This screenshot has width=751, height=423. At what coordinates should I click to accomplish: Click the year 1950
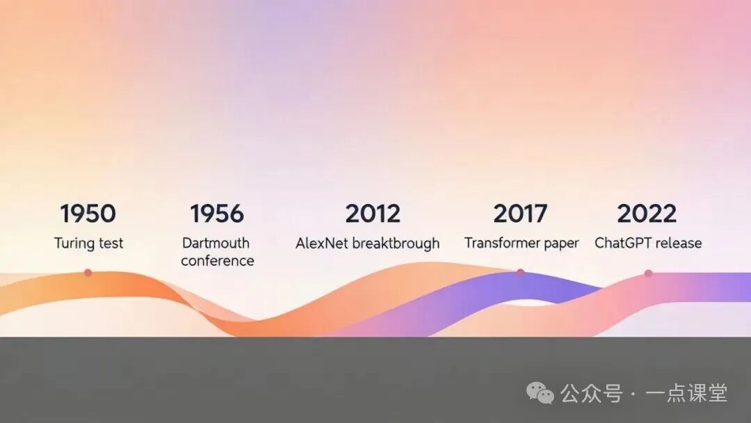pos(88,214)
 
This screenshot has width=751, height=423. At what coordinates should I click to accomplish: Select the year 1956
pos(217,214)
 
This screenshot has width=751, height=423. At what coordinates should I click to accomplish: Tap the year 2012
pos(373,214)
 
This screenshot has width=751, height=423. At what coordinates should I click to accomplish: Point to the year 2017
pos(520,214)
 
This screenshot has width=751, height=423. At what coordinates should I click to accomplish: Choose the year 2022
pos(647,214)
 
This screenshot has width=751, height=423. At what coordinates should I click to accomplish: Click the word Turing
pos(74,244)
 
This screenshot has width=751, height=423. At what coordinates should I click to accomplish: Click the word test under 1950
pos(111,244)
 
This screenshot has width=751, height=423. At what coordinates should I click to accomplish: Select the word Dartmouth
pos(216,243)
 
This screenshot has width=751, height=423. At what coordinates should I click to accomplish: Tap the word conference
pos(218,261)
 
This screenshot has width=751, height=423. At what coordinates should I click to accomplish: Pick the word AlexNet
pos(321,244)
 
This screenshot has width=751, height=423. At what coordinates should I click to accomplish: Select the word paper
pos(562,244)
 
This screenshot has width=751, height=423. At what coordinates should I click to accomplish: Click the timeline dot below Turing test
pos(88,273)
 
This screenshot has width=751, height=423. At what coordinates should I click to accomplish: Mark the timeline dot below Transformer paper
pos(521,273)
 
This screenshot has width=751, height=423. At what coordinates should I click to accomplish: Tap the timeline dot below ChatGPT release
pos(648,273)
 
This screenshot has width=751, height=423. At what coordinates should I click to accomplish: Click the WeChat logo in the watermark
pos(540,393)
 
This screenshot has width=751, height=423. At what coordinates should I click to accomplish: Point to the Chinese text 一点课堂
pos(686,393)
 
